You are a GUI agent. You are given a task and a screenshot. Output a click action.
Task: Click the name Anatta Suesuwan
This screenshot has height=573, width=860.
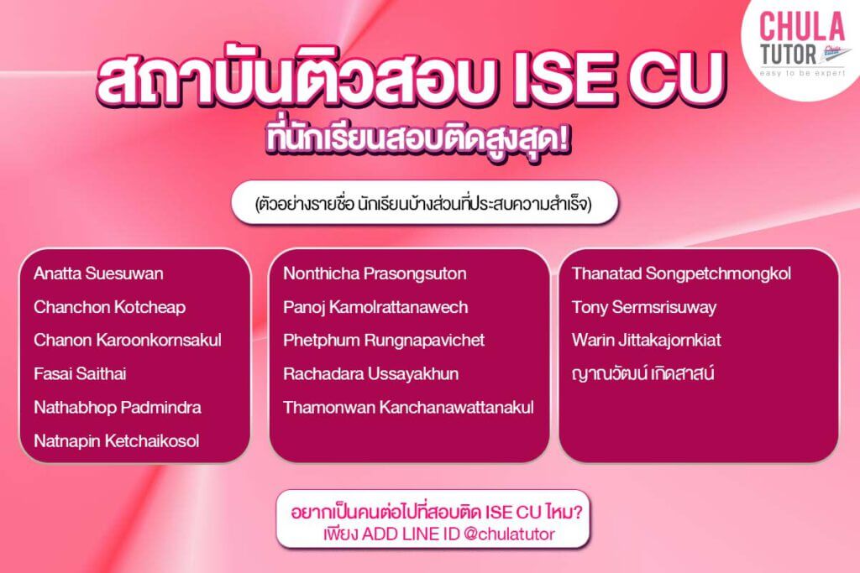(98, 273)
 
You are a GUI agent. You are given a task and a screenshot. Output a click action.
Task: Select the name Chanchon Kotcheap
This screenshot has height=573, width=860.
(109, 307)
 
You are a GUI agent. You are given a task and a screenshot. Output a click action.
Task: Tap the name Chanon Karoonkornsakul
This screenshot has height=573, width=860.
(128, 341)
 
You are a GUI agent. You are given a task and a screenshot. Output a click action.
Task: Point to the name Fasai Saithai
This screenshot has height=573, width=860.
(80, 374)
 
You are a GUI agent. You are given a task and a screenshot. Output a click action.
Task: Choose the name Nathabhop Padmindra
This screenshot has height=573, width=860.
(117, 408)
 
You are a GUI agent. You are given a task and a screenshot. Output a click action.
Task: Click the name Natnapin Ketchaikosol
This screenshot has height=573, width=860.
(116, 441)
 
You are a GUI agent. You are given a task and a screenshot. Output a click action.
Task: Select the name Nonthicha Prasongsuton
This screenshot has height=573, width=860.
(375, 273)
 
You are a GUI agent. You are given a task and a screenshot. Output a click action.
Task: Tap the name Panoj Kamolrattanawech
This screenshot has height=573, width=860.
(375, 307)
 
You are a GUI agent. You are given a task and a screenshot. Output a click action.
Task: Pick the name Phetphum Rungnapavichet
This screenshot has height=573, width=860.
(384, 341)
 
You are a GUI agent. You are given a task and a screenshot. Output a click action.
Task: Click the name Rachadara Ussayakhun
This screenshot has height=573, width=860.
(370, 374)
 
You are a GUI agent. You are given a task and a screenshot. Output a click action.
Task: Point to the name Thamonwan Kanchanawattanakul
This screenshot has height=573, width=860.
(408, 408)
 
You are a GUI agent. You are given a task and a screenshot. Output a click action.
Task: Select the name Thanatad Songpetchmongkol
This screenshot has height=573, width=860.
(681, 273)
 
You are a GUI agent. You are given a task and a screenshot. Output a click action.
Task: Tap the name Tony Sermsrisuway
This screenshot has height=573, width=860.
(644, 307)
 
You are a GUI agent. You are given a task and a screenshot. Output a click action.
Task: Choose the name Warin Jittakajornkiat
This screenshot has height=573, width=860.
(646, 341)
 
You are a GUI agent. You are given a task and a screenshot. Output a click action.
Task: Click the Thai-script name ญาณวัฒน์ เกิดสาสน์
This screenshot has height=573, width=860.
(642, 374)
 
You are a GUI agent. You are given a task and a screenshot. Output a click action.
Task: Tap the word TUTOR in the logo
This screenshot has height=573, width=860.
(784, 53)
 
